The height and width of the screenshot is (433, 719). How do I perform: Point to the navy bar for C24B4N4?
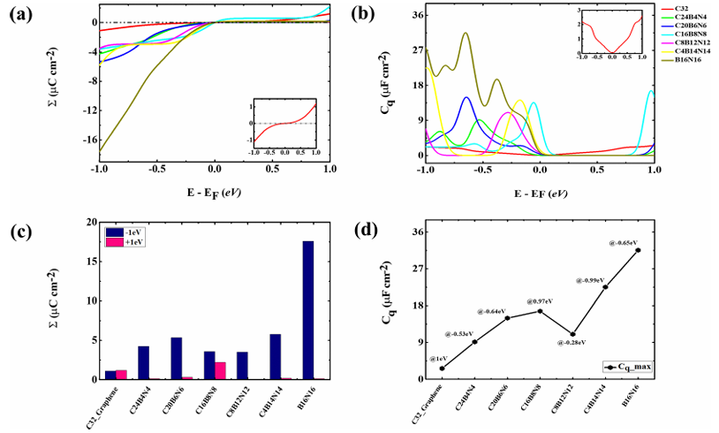(143, 362)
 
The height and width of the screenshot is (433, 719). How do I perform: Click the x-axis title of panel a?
(214, 189)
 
